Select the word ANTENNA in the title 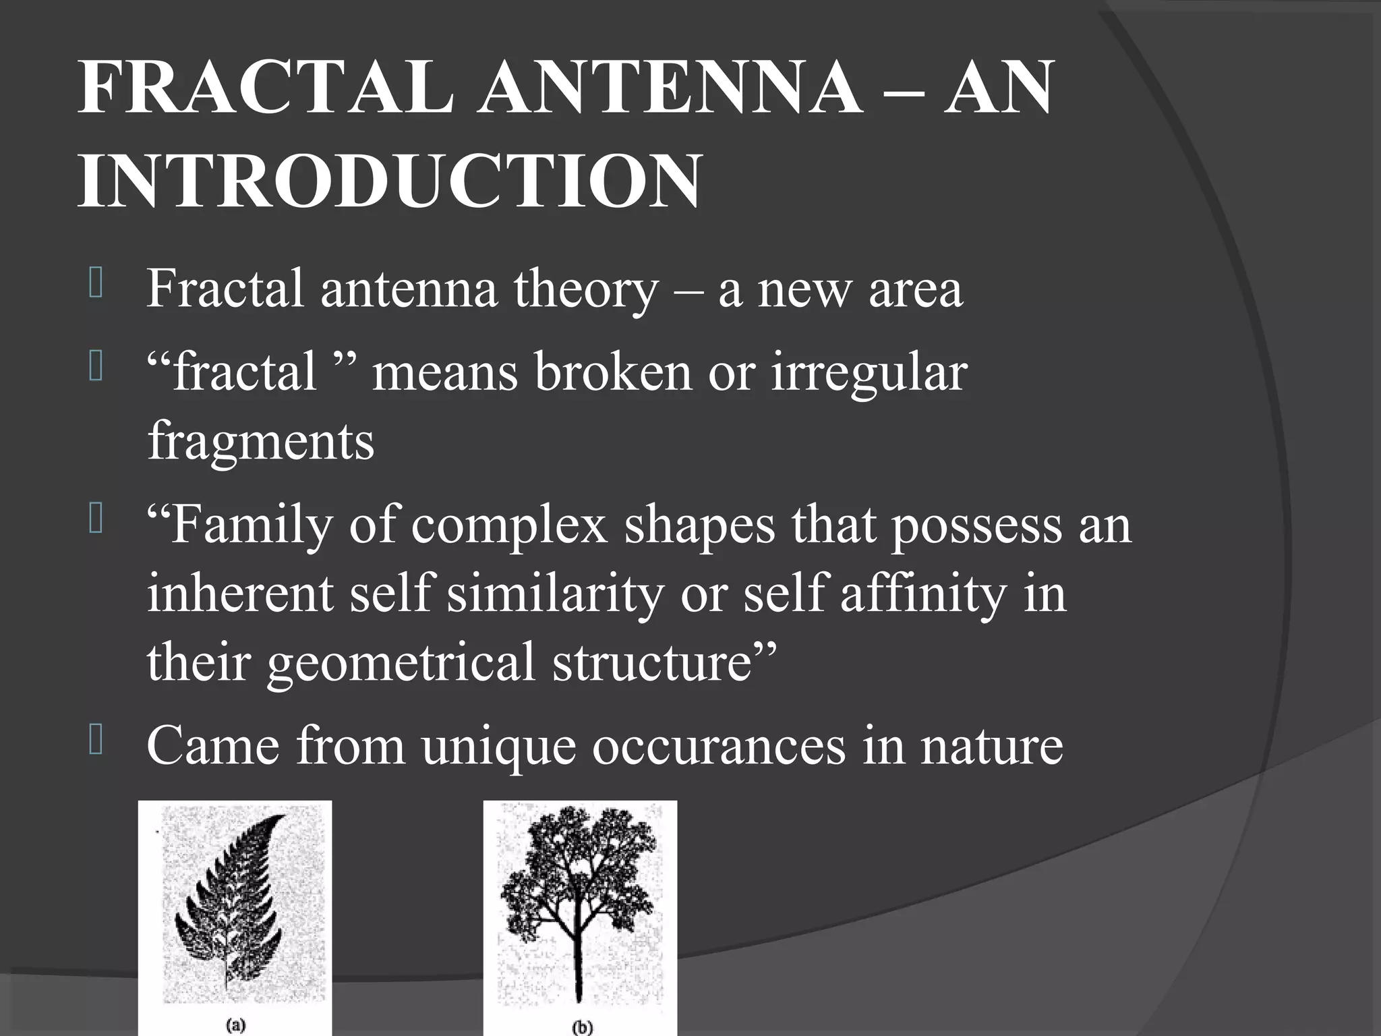pos(670,88)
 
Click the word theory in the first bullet pos(585,289)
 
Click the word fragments pos(260,441)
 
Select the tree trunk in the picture pos(579,971)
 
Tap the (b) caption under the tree pos(581,1027)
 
